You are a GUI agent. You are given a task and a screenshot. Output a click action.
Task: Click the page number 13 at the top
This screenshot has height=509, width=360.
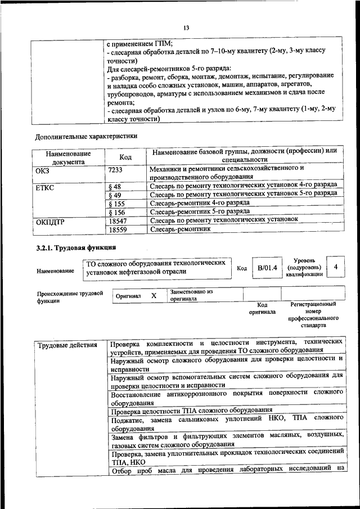click(x=187, y=28)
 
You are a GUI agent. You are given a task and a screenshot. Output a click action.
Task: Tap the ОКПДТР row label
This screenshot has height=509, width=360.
click(x=50, y=221)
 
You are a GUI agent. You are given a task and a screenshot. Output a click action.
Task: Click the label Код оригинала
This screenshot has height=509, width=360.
click(x=262, y=308)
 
